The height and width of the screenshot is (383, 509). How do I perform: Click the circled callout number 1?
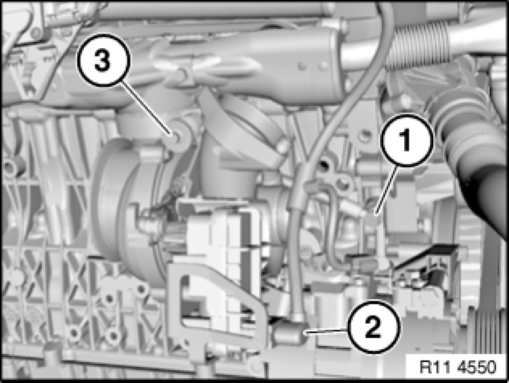[x=407, y=139]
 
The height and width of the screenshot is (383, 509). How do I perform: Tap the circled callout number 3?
[x=103, y=61]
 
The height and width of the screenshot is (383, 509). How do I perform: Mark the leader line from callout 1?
[x=386, y=189]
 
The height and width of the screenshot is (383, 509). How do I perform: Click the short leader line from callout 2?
[x=326, y=331]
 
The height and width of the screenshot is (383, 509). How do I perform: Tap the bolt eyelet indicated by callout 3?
[x=176, y=136]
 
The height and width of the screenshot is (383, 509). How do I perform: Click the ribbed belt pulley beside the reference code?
[x=490, y=331]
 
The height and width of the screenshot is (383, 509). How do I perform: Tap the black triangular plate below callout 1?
[x=422, y=256]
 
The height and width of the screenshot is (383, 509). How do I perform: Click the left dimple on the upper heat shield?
[x=302, y=67]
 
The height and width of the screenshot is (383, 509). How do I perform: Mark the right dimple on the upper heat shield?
[x=323, y=66]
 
